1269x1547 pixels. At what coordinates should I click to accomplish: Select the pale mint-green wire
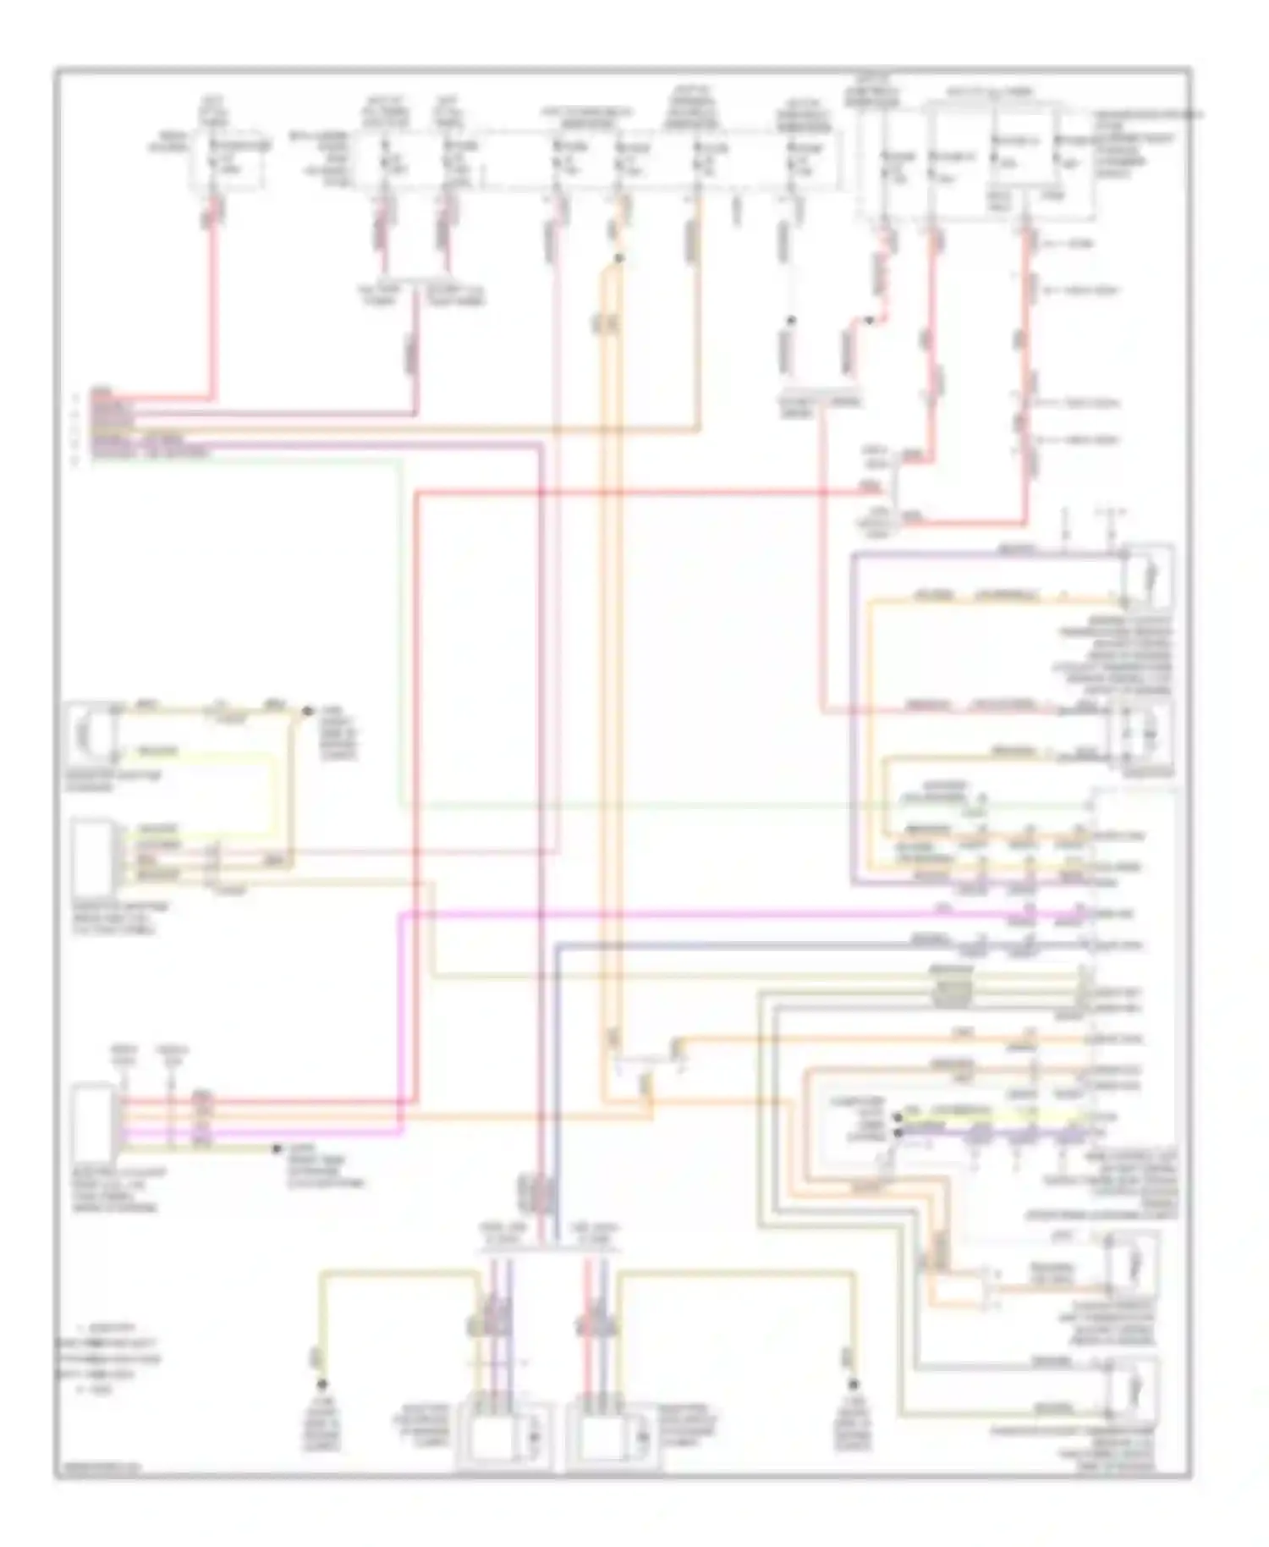click(400, 635)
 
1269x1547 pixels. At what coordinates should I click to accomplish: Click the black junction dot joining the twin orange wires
click(619, 258)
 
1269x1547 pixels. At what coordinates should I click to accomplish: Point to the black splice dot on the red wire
click(870, 321)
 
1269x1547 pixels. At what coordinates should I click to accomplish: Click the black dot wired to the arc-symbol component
click(308, 712)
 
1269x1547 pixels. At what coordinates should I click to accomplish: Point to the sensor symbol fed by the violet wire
click(1146, 575)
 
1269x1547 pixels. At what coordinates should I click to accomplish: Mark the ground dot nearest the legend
click(321, 1385)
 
